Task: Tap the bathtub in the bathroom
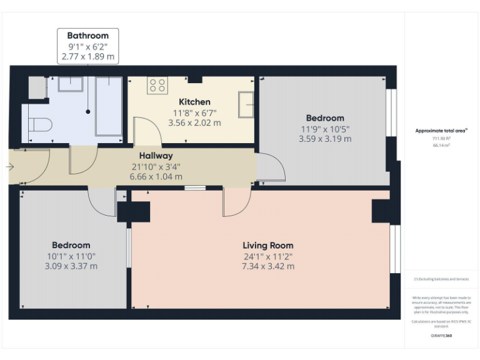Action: click(x=108, y=106)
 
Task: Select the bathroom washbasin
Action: click(x=71, y=84)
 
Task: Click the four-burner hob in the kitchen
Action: click(x=157, y=86)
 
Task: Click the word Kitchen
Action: click(x=194, y=102)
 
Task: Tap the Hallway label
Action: click(x=156, y=156)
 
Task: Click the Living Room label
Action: click(x=267, y=245)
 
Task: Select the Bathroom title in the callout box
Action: click(x=87, y=36)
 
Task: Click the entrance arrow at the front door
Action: click(x=9, y=167)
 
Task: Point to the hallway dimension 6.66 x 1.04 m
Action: click(x=156, y=176)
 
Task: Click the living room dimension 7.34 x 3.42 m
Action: click(x=267, y=266)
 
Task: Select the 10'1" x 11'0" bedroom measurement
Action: click(x=71, y=256)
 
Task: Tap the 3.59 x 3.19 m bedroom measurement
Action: click(x=325, y=139)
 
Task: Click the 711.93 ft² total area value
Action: click(x=441, y=138)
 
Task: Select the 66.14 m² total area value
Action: click(x=441, y=145)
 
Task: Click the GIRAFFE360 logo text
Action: click(x=441, y=336)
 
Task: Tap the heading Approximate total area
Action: click(x=441, y=131)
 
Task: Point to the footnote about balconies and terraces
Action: click(x=441, y=279)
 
